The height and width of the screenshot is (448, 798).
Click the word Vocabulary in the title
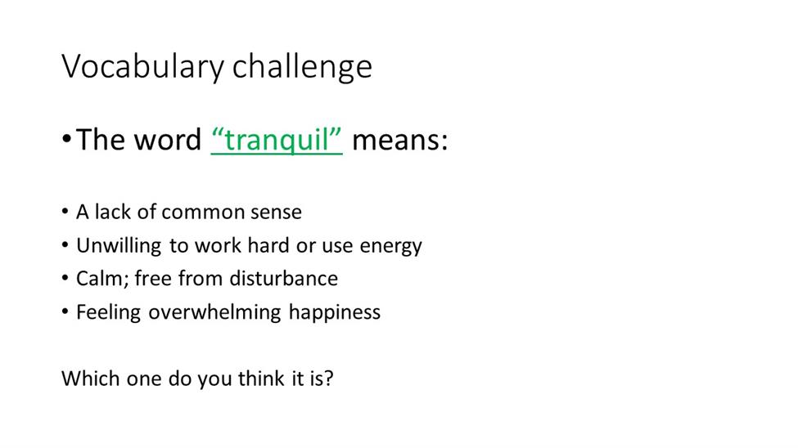143,66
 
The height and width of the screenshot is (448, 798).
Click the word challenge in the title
302,66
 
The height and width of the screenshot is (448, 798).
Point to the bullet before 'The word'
66,138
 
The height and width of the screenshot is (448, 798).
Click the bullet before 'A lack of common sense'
65,211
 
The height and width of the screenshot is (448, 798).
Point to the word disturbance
283,279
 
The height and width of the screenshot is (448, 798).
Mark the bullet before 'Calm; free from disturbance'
65,278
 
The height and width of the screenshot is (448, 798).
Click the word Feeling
108,312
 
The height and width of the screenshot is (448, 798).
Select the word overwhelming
214,312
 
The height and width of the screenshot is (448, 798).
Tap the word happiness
335,312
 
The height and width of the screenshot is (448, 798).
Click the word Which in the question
91,379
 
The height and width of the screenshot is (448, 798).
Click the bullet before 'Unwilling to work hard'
65,244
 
